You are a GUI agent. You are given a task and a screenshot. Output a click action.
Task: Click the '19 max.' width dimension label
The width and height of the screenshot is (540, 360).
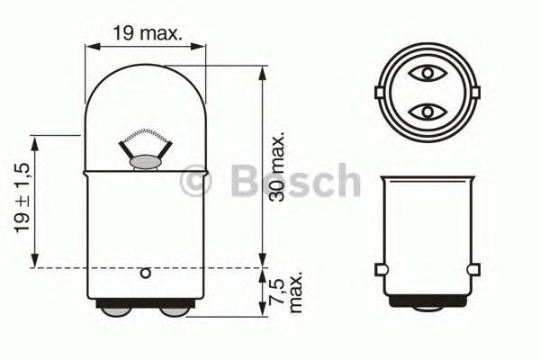point(148,34)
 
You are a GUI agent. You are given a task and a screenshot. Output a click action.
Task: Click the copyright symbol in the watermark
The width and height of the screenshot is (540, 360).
point(195,183)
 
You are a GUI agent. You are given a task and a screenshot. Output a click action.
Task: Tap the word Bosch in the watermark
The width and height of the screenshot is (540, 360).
point(294,182)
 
